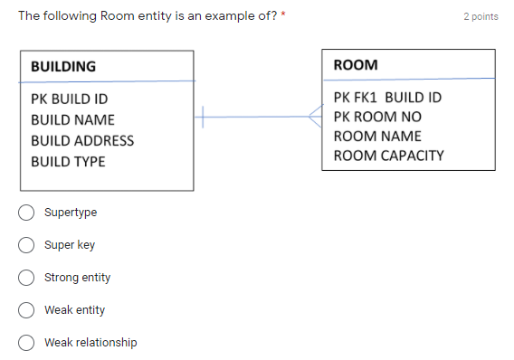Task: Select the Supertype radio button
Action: coord(27,213)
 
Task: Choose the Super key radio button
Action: coord(27,245)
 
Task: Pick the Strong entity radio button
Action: coord(27,278)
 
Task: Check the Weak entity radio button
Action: coord(27,310)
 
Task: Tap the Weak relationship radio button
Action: coord(27,343)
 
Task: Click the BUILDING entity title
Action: coord(63,66)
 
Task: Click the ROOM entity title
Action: coord(356,65)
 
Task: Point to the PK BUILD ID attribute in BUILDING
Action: coord(70,99)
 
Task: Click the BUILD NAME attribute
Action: coord(72,119)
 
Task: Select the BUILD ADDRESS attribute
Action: coord(82,140)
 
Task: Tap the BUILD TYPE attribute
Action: coord(68,161)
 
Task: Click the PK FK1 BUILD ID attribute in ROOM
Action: coord(387,97)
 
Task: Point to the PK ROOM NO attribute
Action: coord(377,117)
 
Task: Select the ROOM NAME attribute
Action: coord(372,136)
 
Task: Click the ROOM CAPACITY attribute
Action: coord(388,155)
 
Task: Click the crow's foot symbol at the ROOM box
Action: coord(315,116)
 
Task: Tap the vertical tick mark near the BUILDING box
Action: coord(204,116)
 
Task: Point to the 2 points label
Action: coord(481,17)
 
